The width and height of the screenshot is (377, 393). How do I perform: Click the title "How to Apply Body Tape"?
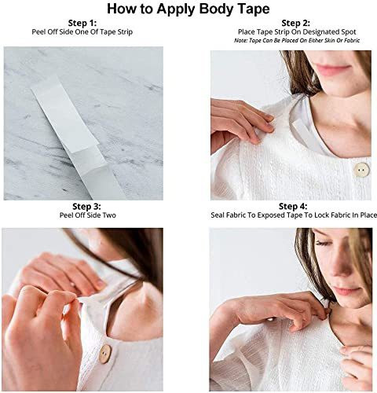[x=188, y=9]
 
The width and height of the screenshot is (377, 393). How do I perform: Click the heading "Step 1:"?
[x=82, y=23]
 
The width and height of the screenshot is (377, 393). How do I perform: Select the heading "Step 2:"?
[x=295, y=23]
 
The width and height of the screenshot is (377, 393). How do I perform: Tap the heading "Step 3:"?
[x=86, y=207]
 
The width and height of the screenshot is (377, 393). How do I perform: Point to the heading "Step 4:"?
[x=293, y=207]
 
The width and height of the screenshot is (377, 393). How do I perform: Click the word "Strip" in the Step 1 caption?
[x=123, y=32]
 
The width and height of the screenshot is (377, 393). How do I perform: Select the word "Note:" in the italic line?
[x=240, y=41]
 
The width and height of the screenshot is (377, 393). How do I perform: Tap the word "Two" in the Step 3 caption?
[x=110, y=215]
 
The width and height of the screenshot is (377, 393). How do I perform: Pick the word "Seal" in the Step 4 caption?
[x=218, y=215]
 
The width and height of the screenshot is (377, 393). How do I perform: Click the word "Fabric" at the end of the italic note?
[x=352, y=41]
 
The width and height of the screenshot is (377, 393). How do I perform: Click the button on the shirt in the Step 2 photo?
[x=361, y=170]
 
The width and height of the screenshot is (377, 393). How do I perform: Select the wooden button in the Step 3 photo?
[x=105, y=354]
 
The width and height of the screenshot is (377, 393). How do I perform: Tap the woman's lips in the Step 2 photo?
[x=333, y=70]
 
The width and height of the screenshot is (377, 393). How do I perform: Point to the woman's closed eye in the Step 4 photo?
[x=324, y=244]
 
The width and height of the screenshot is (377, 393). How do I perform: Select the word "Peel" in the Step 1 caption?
[x=39, y=32]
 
